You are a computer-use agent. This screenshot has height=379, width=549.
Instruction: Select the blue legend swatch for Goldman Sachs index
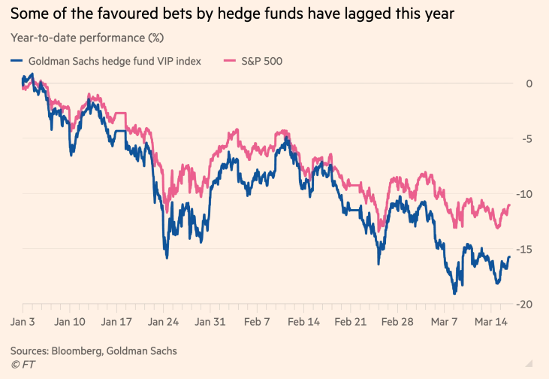point(18,61)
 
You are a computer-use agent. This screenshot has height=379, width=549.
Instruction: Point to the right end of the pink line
point(510,205)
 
